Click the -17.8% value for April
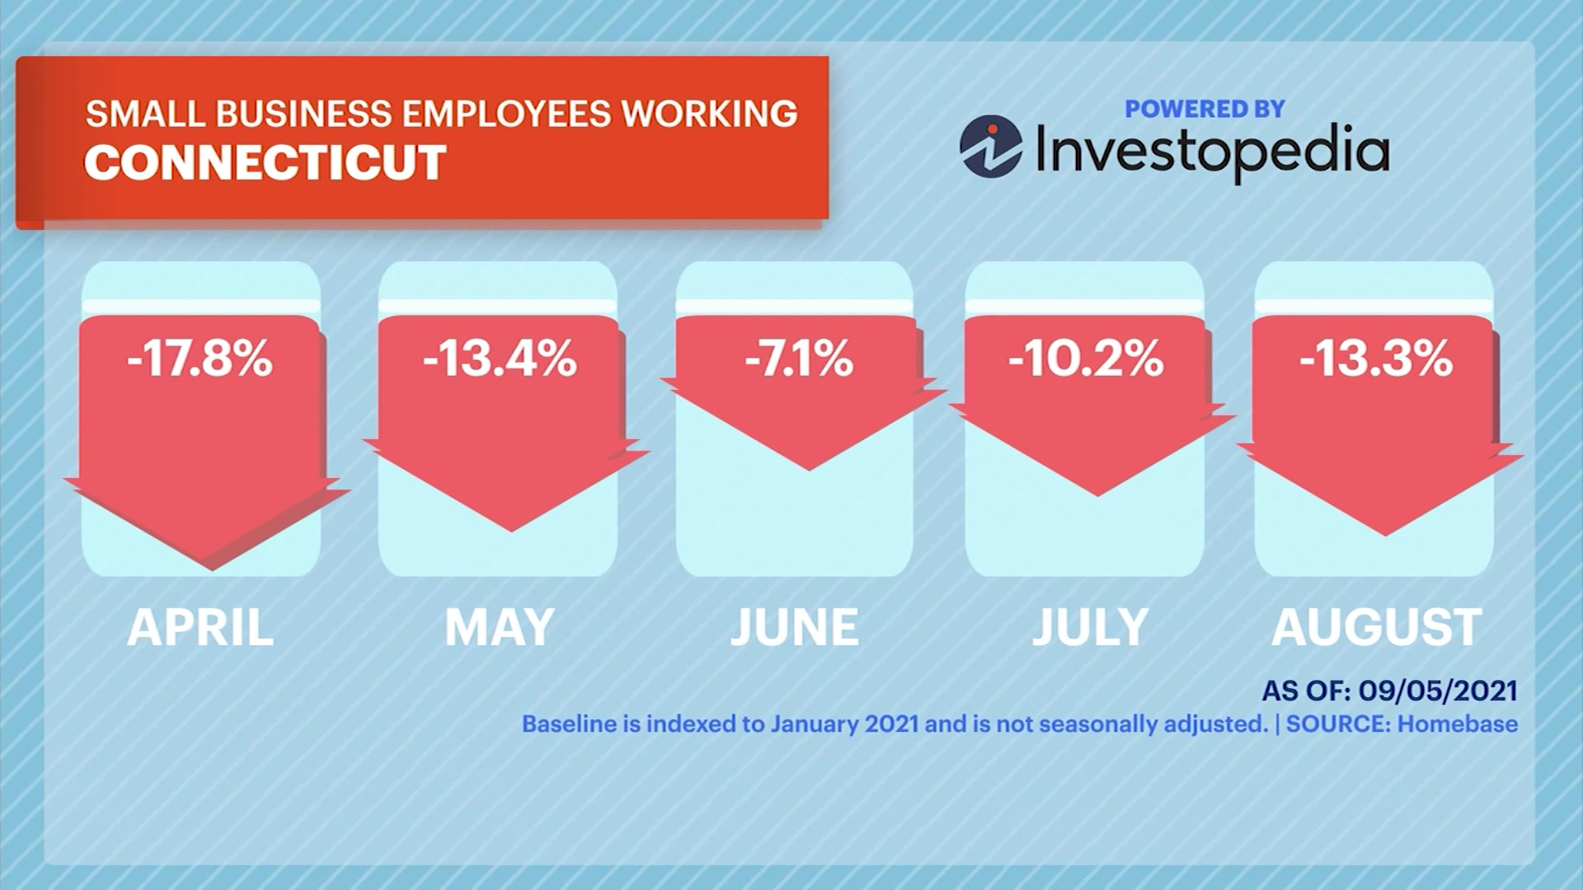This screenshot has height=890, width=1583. pos(200,359)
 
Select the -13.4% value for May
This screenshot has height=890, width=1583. pos(500,359)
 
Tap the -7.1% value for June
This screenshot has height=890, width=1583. pos(798,359)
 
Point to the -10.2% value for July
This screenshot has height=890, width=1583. pos(1085,359)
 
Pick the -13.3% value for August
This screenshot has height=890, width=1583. pos(1376,359)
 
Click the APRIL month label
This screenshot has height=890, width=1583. pos(200,628)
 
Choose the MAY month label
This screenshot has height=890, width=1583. pos(500,628)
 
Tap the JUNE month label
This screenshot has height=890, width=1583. pos(795,628)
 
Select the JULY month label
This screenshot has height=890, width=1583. pos(1090,628)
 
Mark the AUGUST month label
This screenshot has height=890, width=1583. pos(1376,628)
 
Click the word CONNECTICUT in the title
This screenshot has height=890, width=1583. pos(265,162)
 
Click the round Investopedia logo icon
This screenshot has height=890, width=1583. pos(991,147)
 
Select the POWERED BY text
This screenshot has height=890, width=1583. pos(1205,109)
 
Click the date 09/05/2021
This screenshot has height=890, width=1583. pos(1438,691)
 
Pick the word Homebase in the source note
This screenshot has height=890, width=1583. pos(1458,724)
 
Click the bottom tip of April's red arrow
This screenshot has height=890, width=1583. pos(212,568)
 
